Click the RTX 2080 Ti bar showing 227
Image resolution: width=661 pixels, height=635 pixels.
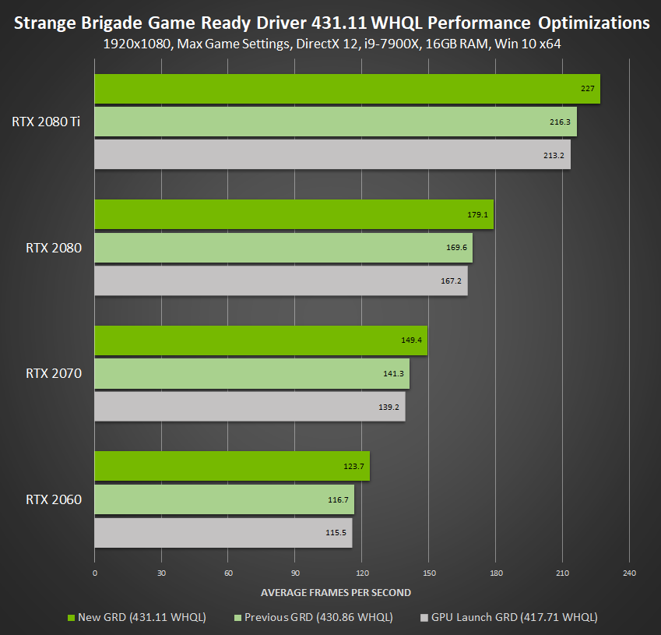pyautogui.click(x=346, y=89)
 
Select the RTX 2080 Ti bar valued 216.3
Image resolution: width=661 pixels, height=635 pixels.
pyautogui.click(x=335, y=122)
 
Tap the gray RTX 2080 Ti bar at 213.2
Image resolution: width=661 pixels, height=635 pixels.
pyautogui.click(x=332, y=154)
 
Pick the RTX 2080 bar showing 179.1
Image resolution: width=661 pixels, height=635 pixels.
pyautogui.click(x=294, y=214)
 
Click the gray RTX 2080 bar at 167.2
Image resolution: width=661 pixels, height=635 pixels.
pyautogui.click(x=280, y=280)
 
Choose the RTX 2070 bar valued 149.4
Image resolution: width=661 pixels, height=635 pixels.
pyautogui.click(x=260, y=340)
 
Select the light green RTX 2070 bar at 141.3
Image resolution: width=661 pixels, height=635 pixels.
pyautogui.click(x=251, y=373)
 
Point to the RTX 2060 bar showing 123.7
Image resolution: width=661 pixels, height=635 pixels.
pyautogui.click(x=231, y=466)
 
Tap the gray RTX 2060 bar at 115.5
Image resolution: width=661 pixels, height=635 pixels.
pyautogui.click(x=223, y=533)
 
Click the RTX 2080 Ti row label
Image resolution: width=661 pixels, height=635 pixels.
pyautogui.click(x=47, y=122)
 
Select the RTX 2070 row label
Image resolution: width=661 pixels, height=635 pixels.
pyautogui.click(x=54, y=373)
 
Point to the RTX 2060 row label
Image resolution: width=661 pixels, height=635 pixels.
pyautogui.click(x=54, y=499)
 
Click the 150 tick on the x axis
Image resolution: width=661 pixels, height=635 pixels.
pyautogui.click(x=428, y=574)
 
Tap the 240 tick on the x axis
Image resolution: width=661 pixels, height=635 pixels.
pyautogui.click(x=629, y=574)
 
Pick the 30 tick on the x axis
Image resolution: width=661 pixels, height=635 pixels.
pyautogui.click(x=161, y=574)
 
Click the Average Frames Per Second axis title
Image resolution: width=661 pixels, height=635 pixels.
pyautogui.click(x=336, y=592)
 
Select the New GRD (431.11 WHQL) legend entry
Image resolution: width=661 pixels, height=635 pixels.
pyautogui.click(x=137, y=617)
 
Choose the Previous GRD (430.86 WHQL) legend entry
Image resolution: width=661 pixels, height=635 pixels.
pyautogui.click(x=313, y=617)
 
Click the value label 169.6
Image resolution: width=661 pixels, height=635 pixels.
pyautogui.click(x=457, y=248)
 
